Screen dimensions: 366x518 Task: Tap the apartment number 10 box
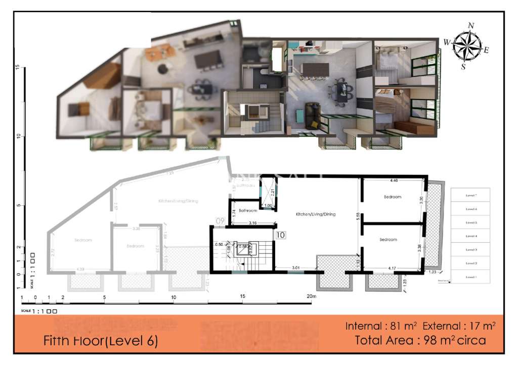281,235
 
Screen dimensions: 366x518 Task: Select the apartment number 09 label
220,221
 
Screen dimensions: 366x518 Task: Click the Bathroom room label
248,210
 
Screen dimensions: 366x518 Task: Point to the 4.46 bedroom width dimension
394,180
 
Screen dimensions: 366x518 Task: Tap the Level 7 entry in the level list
471,195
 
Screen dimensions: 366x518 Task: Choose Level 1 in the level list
471,277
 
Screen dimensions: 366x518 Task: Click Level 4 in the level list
471,236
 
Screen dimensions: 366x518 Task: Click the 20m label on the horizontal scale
311,296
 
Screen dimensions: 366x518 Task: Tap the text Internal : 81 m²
382,326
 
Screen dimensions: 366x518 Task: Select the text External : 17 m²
459,326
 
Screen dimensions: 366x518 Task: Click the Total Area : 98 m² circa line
420,340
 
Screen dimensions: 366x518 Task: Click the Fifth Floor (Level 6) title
101,341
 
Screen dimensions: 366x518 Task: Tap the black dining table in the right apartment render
343,91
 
